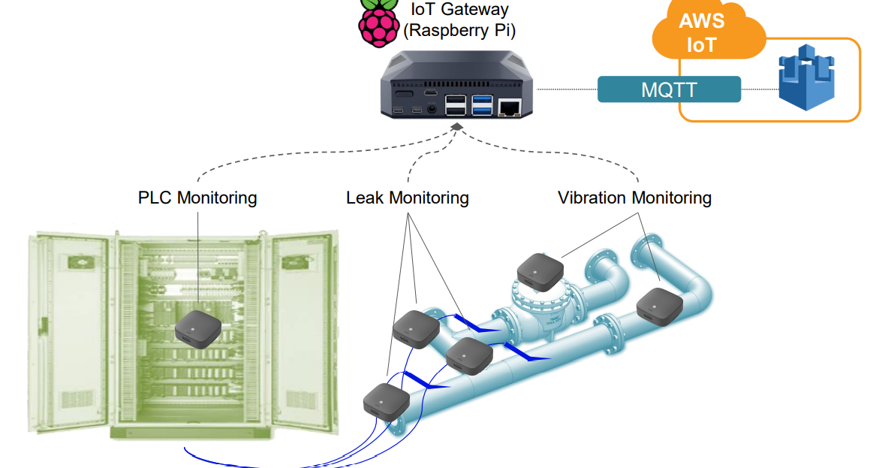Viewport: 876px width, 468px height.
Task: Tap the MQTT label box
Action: point(669,89)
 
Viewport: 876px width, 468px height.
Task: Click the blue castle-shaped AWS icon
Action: point(806,78)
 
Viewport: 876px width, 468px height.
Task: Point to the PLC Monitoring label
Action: point(197,198)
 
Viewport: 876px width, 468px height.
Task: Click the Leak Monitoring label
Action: point(408,198)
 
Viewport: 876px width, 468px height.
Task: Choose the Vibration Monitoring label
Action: point(634,198)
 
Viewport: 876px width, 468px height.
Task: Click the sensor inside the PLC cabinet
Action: point(198,328)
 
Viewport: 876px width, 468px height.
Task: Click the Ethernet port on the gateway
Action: point(510,107)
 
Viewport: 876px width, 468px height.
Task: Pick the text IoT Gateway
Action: point(459,10)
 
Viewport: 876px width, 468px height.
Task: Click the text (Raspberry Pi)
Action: point(459,31)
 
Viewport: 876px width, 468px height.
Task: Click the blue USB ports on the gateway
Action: point(482,105)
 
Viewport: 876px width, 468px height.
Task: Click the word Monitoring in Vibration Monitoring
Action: point(671,198)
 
